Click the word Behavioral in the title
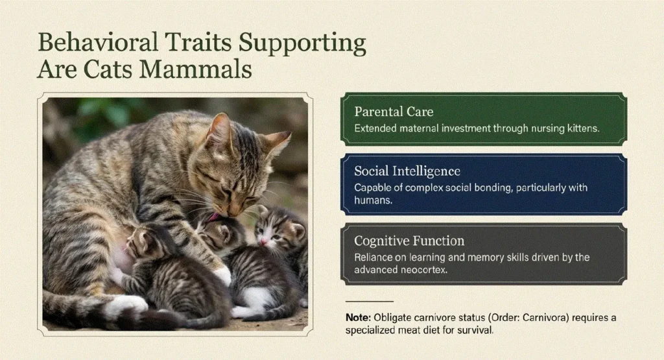coord(98,42)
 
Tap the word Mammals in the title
coord(196,69)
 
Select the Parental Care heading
coord(394,112)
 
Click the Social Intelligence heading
coord(407,171)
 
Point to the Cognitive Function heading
coord(409,241)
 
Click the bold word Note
coord(358,318)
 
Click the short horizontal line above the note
coord(369,301)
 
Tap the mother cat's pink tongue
coord(214,217)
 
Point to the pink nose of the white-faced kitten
coord(263,241)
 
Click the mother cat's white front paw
coord(222,276)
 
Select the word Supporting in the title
coord(302,43)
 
